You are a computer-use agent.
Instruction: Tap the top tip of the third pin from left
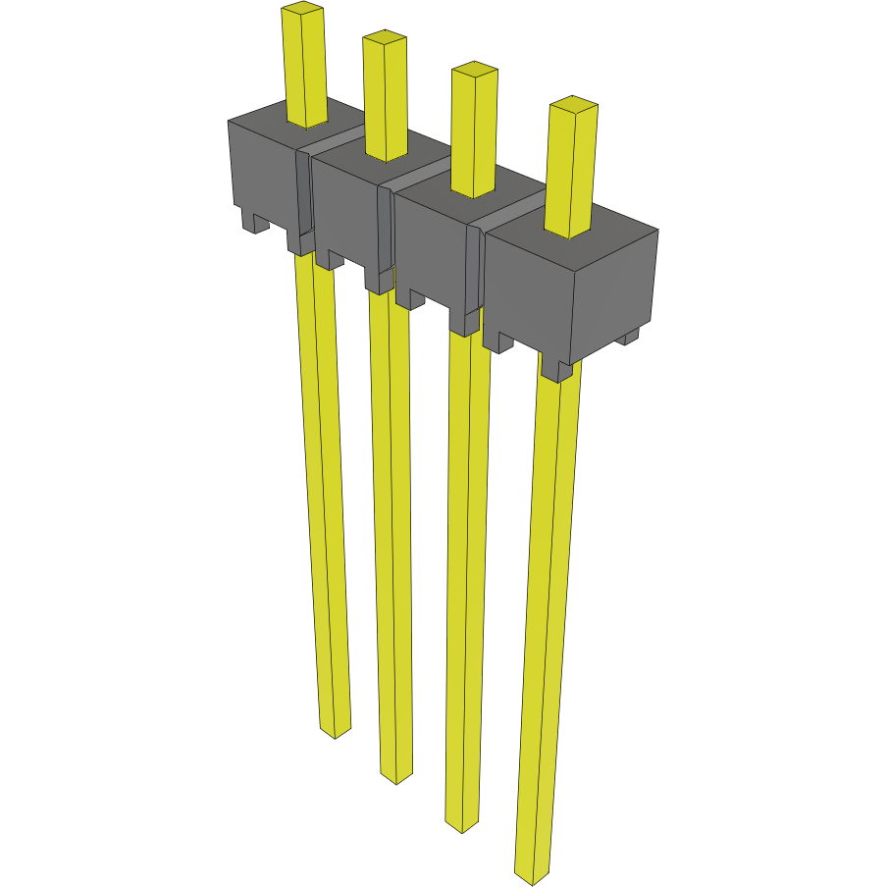(473, 70)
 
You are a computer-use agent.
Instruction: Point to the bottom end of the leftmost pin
(336, 731)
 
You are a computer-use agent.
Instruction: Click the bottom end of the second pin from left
(396, 777)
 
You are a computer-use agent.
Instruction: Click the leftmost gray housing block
(263, 172)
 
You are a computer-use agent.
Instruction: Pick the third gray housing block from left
(432, 250)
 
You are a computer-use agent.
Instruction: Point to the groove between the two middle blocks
(387, 231)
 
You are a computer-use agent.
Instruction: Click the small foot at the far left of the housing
(254, 224)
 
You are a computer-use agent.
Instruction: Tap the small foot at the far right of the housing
(627, 337)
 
